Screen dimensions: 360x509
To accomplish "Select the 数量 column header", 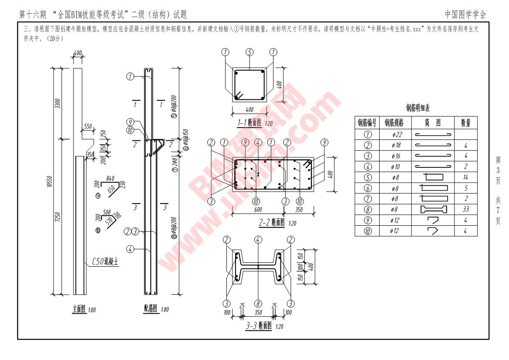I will (465, 123).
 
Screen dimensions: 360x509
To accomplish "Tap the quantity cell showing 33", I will (465, 210).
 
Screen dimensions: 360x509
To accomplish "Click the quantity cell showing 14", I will (465, 177).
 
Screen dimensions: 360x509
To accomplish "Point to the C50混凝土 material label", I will (105, 262).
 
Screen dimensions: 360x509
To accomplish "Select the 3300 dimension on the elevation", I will (58, 104).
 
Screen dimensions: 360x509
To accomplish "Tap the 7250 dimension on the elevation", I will (58, 217).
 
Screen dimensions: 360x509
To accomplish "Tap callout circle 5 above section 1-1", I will (249, 52).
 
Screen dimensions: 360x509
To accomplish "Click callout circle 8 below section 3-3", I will (258, 303).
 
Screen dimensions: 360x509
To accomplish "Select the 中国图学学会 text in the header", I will (465, 14).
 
